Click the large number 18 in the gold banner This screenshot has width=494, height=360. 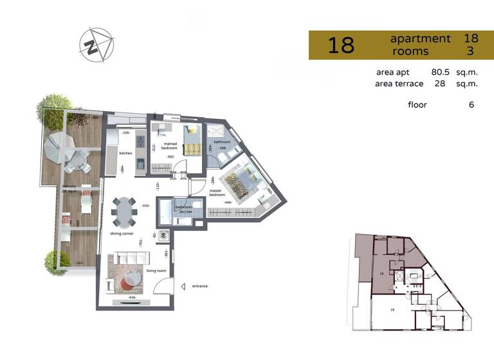(x=341, y=46)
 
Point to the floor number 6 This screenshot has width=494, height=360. (x=471, y=104)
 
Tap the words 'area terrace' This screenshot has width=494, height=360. (x=399, y=84)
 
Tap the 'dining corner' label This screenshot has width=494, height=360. (x=120, y=234)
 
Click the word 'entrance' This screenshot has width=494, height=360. (x=199, y=286)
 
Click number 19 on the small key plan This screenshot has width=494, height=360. (x=391, y=310)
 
